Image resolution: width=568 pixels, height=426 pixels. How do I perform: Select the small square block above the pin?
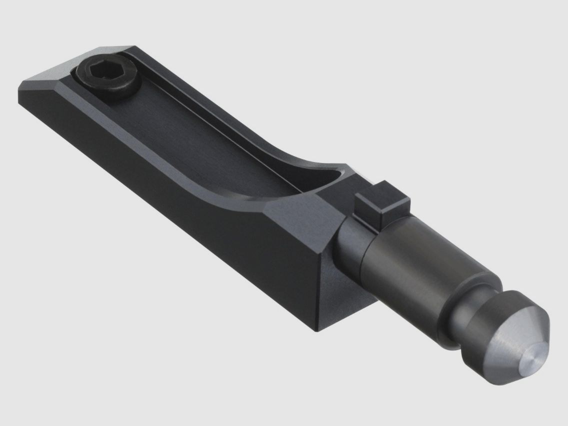(382, 204)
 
